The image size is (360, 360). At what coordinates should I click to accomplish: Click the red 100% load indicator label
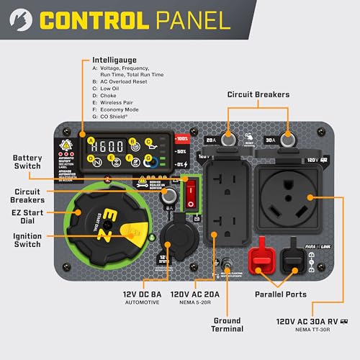click(x=181, y=138)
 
